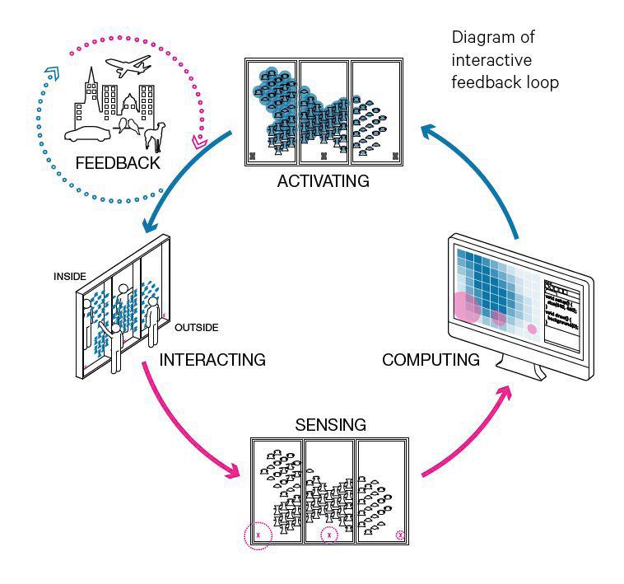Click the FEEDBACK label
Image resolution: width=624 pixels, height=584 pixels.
(x=117, y=162)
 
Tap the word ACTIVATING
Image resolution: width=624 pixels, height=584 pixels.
(x=323, y=181)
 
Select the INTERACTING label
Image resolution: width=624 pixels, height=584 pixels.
(x=212, y=360)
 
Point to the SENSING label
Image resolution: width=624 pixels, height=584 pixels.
(x=329, y=425)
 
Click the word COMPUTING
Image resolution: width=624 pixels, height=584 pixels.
(x=431, y=360)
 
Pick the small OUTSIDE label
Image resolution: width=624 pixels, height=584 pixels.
(x=196, y=328)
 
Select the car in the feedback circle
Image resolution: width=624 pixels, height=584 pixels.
(x=90, y=136)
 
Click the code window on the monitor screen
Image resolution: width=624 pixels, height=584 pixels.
(x=561, y=313)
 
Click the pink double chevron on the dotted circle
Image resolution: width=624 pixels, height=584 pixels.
(x=198, y=142)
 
